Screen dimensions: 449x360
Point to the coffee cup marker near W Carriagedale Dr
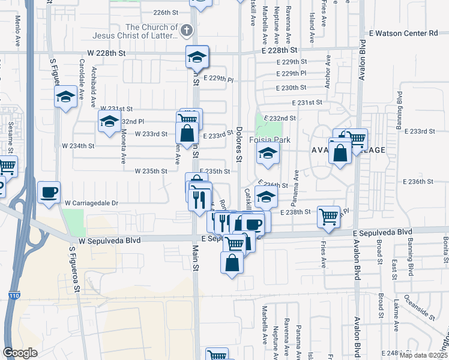pos(49,193)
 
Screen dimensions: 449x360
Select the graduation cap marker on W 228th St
pos(197,57)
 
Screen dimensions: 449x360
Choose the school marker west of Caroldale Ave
pos(65,97)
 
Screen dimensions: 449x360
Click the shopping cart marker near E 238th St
pos(328,217)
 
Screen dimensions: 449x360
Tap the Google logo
pos(20,353)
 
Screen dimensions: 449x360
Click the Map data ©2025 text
pos(423,355)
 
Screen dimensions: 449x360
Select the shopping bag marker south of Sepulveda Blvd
pos(232,262)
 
